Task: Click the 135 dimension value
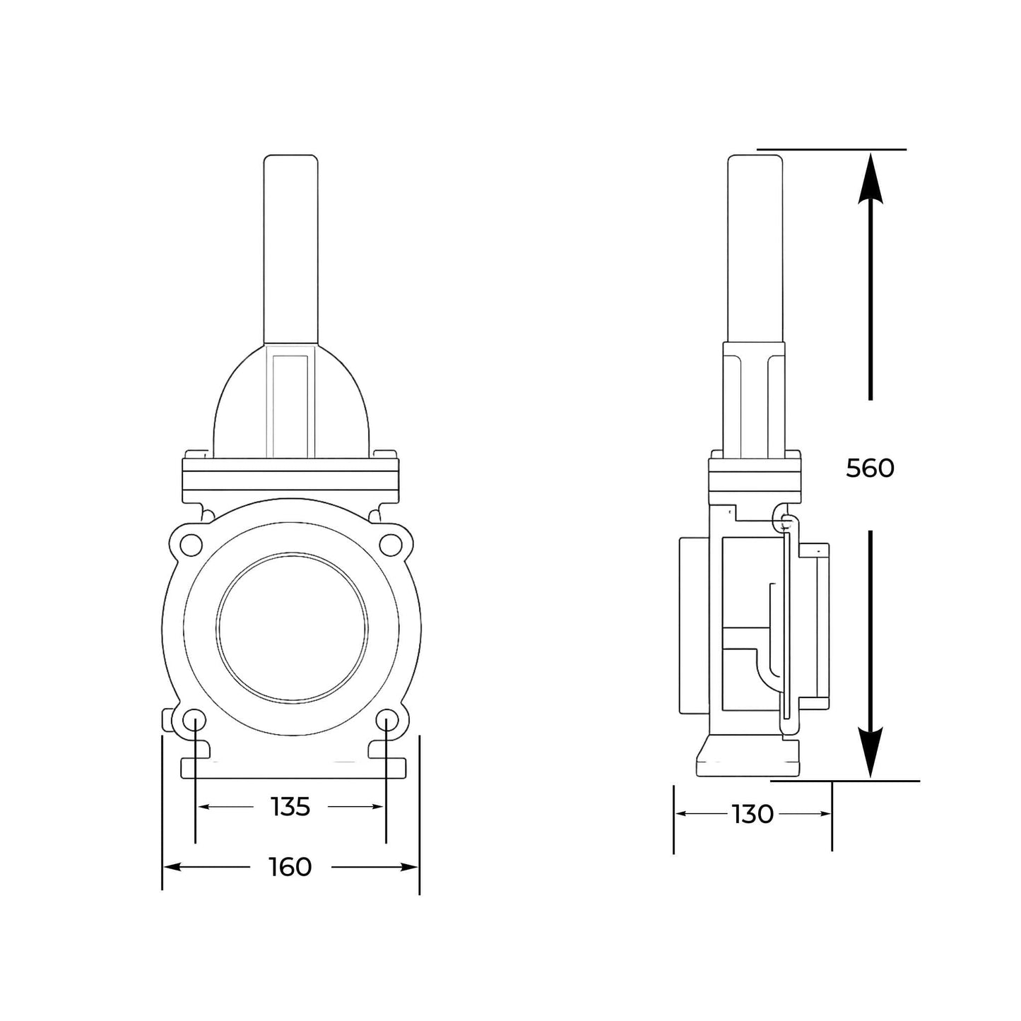pyautogui.click(x=290, y=806)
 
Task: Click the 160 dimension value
pyautogui.click(x=290, y=867)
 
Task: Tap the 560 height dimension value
pyautogui.click(x=870, y=468)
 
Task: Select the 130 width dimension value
pyautogui.click(x=753, y=815)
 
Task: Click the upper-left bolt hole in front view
pyautogui.click(x=190, y=544)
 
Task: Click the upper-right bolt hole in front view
pyautogui.click(x=389, y=544)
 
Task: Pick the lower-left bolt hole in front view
pyautogui.click(x=194, y=721)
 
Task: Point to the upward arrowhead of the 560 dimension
pyautogui.click(x=870, y=177)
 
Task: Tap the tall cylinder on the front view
pyautogui.click(x=290, y=247)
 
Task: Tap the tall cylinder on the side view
pyautogui.click(x=755, y=247)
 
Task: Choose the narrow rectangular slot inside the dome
pyautogui.click(x=290, y=403)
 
